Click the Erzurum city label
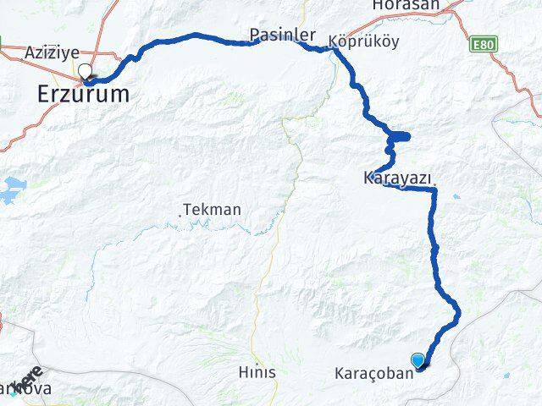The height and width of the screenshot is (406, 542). click(84, 95)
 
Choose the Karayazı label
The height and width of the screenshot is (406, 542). click(397, 178)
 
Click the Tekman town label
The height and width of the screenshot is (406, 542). click(213, 209)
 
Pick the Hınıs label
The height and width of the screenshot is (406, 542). click(257, 371)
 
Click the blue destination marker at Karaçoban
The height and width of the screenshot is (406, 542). click(418, 360)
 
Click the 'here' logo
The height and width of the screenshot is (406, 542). click(29, 376)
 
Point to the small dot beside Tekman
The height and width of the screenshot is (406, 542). click(180, 217)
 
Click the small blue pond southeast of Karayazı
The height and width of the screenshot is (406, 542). click(456, 197)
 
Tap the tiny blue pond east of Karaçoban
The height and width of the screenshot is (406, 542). click(506, 376)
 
